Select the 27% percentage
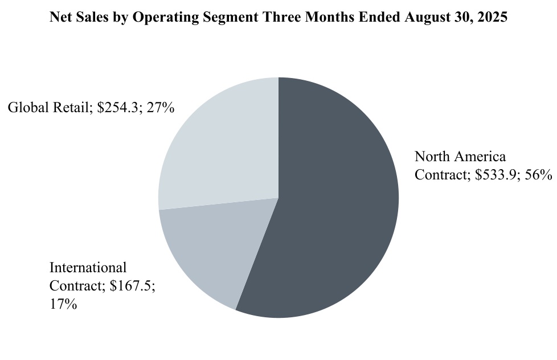coord(160,108)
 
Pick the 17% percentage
coord(63,304)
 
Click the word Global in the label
coord(27,108)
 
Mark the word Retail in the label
coord(70,108)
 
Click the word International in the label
coord(88,268)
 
